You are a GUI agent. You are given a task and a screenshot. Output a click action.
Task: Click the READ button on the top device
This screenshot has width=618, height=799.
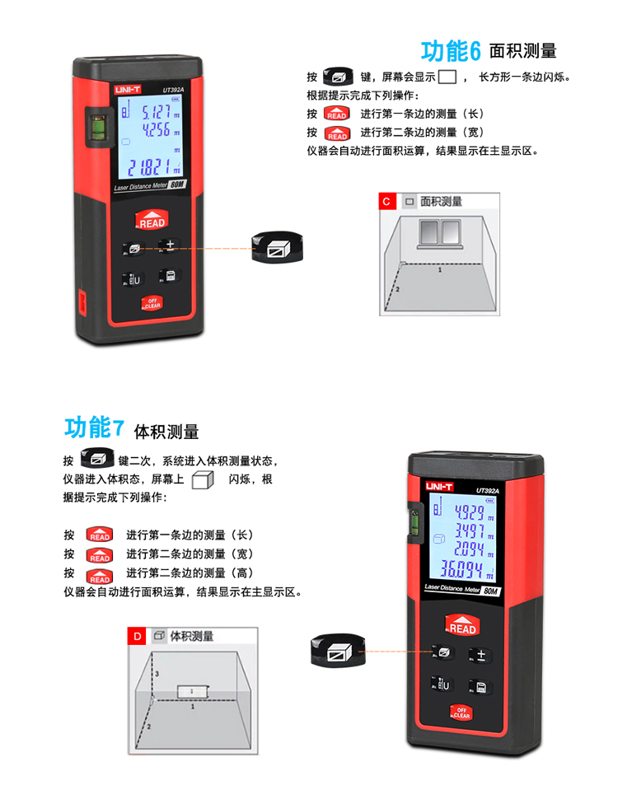coord(152,220)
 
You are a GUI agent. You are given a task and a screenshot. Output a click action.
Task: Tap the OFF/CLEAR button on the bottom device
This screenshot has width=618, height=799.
coord(461,712)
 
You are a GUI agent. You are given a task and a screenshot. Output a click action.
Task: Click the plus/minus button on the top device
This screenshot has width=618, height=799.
coord(170,245)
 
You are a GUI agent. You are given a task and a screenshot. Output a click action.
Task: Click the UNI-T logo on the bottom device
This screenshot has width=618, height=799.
coord(439,487)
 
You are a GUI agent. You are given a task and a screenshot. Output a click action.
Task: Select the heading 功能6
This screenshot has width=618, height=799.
coord(451,51)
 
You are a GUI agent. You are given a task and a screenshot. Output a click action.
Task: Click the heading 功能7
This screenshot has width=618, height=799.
coord(94,427)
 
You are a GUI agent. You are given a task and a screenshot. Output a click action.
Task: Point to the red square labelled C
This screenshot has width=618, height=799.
coord(387,201)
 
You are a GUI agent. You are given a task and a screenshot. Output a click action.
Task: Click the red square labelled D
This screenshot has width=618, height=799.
coord(137,636)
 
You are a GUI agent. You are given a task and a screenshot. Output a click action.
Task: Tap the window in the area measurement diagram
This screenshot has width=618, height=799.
coord(440,233)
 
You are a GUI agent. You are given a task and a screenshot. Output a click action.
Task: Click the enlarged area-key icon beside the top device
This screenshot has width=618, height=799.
coord(278,248)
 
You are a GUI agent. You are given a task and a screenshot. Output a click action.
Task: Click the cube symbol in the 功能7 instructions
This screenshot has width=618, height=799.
coord(203,479)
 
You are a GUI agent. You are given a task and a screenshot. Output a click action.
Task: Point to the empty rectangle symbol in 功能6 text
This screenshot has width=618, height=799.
coord(447,77)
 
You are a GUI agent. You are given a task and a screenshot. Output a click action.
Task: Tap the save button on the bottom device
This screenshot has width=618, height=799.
coord(480,687)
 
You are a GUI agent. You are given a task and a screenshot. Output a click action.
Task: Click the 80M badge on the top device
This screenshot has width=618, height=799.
coord(177,184)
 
